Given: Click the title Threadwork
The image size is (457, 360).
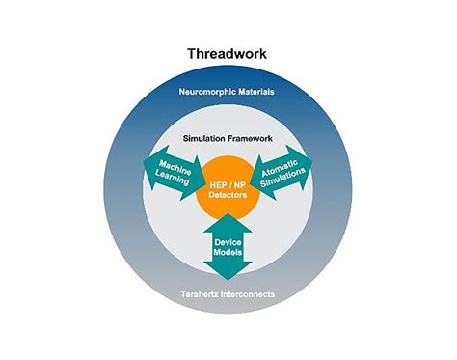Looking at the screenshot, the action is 227,54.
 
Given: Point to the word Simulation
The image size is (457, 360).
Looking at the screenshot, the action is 204,139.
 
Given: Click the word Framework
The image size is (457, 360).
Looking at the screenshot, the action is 250,139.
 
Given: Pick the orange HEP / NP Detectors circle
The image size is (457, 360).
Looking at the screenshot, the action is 228,189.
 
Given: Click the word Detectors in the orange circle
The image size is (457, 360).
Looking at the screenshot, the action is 228,195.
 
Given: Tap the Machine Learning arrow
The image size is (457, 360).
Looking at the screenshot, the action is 175,173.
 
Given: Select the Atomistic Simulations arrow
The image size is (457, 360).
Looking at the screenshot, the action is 282,173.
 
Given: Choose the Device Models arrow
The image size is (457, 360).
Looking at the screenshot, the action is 228,246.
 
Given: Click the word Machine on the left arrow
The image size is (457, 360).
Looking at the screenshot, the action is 175,168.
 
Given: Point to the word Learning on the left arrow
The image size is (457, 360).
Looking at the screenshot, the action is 173,178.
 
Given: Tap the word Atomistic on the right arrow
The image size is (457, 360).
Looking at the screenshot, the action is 280,168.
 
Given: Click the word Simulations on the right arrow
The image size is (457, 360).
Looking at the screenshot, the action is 282,178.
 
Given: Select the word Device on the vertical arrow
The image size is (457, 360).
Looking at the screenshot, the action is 228,242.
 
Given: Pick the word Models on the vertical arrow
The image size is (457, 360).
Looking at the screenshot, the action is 228,252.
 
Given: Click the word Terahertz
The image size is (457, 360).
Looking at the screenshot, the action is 202,294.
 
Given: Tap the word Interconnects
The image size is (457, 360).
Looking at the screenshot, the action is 252,294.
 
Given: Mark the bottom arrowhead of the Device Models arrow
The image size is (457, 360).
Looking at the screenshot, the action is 228,280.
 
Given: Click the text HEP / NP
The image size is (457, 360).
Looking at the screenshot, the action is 228,185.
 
